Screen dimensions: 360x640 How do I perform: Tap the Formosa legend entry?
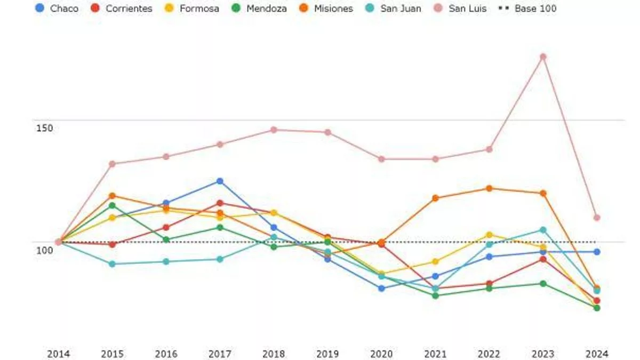click(x=193, y=9)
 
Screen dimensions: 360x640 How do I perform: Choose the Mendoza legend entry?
click(x=260, y=9)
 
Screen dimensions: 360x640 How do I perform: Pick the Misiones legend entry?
click(x=327, y=9)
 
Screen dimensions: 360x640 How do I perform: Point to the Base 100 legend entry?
click(x=529, y=9)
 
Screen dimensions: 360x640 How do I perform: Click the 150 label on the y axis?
click(x=45, y=128)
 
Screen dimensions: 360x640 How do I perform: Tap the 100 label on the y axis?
click(x=45, y=250)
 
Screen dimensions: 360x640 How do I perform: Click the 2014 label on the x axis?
click(x=58, y=354)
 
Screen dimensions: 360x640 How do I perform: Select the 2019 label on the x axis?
click(x=327, y=354)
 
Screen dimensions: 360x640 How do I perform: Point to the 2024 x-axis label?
click(x=596, y=354)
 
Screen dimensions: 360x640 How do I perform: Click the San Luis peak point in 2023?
click(x=543, y=57)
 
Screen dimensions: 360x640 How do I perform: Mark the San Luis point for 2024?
click(x=597, y=218)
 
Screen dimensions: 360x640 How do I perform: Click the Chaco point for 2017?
click(x=220, y=181)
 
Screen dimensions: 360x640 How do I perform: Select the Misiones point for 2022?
click(x=489, y=188)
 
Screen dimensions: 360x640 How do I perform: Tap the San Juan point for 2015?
click(x=112, y=264)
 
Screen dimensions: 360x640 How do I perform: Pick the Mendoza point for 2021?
click(x=435, y=295)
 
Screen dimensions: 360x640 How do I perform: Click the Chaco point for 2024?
click(x=597, y=252)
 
